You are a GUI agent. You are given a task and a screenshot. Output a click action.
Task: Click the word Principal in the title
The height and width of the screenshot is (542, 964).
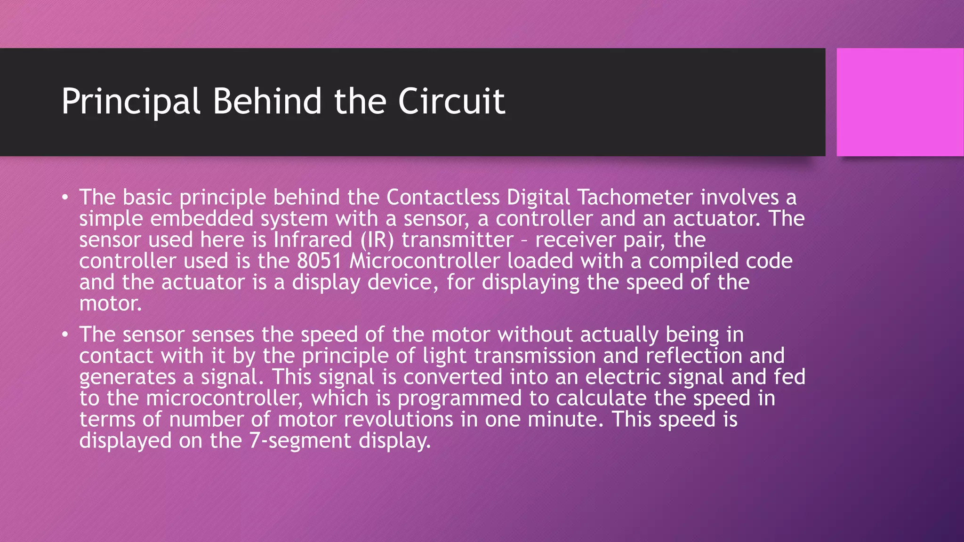point(131,101)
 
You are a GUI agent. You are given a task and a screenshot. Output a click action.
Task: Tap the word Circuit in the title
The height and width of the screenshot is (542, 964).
point(451,101)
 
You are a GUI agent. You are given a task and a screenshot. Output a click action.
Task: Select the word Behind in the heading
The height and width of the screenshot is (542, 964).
point(267,101)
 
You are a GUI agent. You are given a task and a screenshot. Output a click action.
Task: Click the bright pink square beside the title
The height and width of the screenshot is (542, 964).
point(900,102)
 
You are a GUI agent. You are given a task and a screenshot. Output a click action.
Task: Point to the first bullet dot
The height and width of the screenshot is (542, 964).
point(65,197)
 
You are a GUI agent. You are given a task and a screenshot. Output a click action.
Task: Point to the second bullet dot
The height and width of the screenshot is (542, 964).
point(65,335)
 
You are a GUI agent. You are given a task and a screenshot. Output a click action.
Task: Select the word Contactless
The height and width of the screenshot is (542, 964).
point(443,197)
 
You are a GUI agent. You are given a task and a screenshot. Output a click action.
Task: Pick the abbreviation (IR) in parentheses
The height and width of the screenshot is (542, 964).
point(377,240)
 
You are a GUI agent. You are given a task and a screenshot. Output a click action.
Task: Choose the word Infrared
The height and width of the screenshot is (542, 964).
point(313,240)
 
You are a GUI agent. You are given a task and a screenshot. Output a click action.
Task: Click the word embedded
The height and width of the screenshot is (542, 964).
point(202,219)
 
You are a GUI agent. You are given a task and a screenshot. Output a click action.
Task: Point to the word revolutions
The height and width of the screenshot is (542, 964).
point(398,419)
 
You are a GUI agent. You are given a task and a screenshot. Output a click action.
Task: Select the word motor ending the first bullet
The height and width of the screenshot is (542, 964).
point(110,303)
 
